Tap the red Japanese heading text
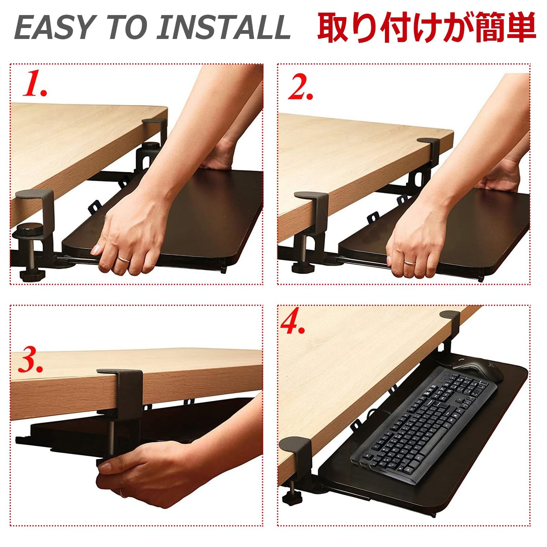pyautogui.click(x=426, y=27)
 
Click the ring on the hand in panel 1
pyautogui.click(x=123, y=258)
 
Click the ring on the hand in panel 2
pyautogui.click(x=409, y=262)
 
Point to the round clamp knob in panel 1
pyautogui.click(x=30, y=228)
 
